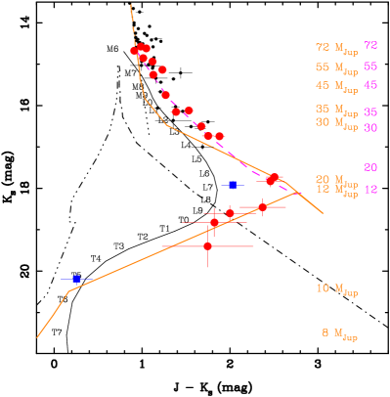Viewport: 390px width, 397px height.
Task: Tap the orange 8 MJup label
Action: [339, 333]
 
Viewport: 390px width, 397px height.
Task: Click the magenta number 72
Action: [370, 46]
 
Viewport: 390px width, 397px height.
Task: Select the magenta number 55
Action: [370, 66]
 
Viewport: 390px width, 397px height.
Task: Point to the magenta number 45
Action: [370, 85]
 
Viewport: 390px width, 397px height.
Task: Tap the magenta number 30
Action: [370, 128]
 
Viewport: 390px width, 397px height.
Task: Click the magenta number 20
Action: [370, 168]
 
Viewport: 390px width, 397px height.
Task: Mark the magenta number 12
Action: [370, 190]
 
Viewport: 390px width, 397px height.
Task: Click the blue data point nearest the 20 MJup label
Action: [233, 185]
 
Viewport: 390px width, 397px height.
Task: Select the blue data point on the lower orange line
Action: [76, 279]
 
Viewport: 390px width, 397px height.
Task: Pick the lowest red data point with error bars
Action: [207, 246]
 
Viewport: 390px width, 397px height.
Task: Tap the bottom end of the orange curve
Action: [38, 337]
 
